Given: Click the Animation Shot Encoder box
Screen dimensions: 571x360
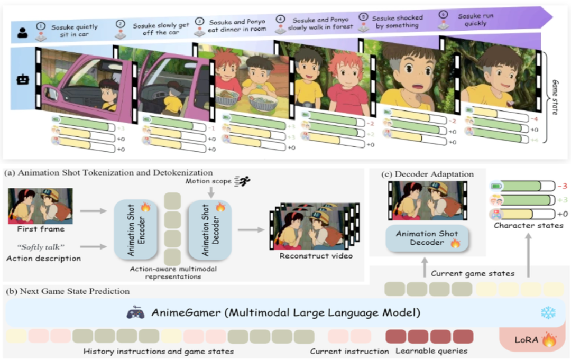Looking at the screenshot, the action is point(135,229).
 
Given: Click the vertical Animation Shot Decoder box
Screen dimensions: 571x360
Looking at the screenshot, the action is point(209,229).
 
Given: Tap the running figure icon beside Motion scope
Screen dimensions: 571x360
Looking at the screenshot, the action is point(243,181).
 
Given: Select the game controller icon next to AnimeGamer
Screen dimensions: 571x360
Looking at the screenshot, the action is point(135,312).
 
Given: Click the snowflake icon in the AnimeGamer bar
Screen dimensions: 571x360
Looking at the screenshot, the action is point(548,312).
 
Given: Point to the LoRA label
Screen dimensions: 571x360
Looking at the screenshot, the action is point(526,340).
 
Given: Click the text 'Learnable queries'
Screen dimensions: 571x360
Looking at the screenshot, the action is point(431,351).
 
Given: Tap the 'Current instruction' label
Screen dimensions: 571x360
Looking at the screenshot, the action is point(349,351).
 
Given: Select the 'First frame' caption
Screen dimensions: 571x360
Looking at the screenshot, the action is point(41,229).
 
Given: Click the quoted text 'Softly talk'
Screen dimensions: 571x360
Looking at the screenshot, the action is point(40,247).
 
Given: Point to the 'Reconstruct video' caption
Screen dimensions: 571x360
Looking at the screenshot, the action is point(316,256).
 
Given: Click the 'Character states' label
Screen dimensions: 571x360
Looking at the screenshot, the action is point(528,225).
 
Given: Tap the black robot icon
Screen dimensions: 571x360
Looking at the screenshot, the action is point(23,80).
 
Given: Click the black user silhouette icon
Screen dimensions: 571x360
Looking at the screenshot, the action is point(23,33).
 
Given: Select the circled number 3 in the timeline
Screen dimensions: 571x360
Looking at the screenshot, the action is point(199,21).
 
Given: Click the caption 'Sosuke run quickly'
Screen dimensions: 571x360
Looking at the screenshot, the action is point(476,20).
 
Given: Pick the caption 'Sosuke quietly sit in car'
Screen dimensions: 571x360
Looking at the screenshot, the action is point(75,31).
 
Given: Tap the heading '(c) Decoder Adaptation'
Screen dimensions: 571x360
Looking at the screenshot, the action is point(428,174).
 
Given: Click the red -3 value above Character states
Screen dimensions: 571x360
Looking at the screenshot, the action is point(562,186).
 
